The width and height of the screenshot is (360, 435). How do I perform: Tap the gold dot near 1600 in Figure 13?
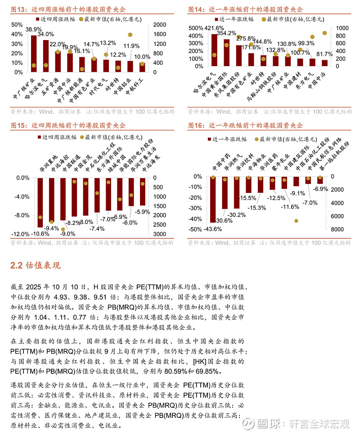[x=130, y=35]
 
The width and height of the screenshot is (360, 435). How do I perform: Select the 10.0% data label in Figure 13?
[x=142, y=57]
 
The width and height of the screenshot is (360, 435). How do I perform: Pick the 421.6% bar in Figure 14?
[x=214, y=49]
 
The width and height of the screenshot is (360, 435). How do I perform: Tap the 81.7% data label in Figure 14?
[x=325, y=54]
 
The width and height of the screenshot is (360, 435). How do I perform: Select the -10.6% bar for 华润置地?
[x=40, y=202]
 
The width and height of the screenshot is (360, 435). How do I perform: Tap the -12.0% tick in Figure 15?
[x=20, y=234]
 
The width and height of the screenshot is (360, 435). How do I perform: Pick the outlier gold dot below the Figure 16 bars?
[x=296, y=221]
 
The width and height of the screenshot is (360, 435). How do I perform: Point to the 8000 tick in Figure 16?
[x=342, y=230]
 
